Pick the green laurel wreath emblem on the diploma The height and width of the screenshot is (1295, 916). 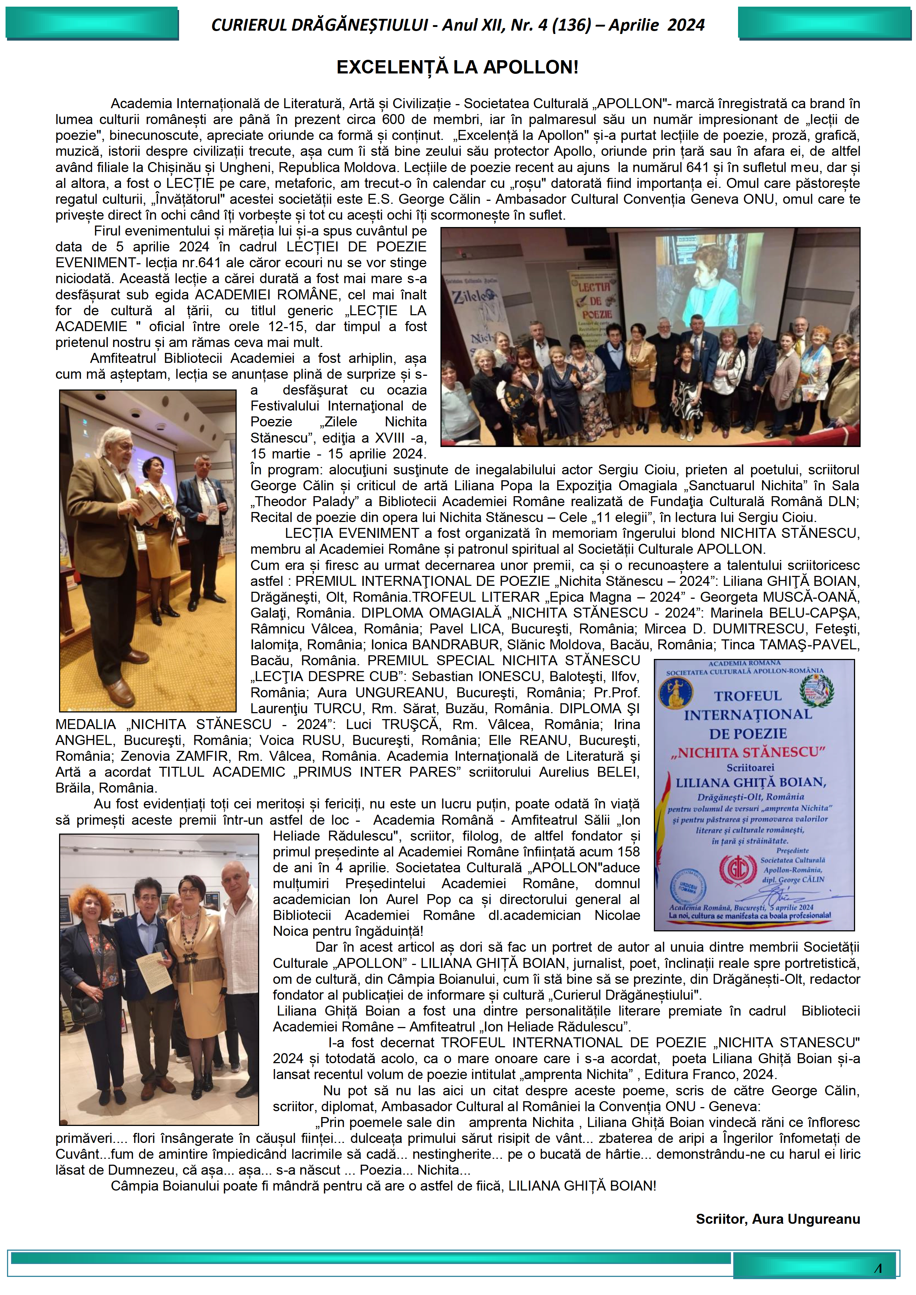(816, 690)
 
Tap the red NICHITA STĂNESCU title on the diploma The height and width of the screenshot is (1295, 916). (748, 752)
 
